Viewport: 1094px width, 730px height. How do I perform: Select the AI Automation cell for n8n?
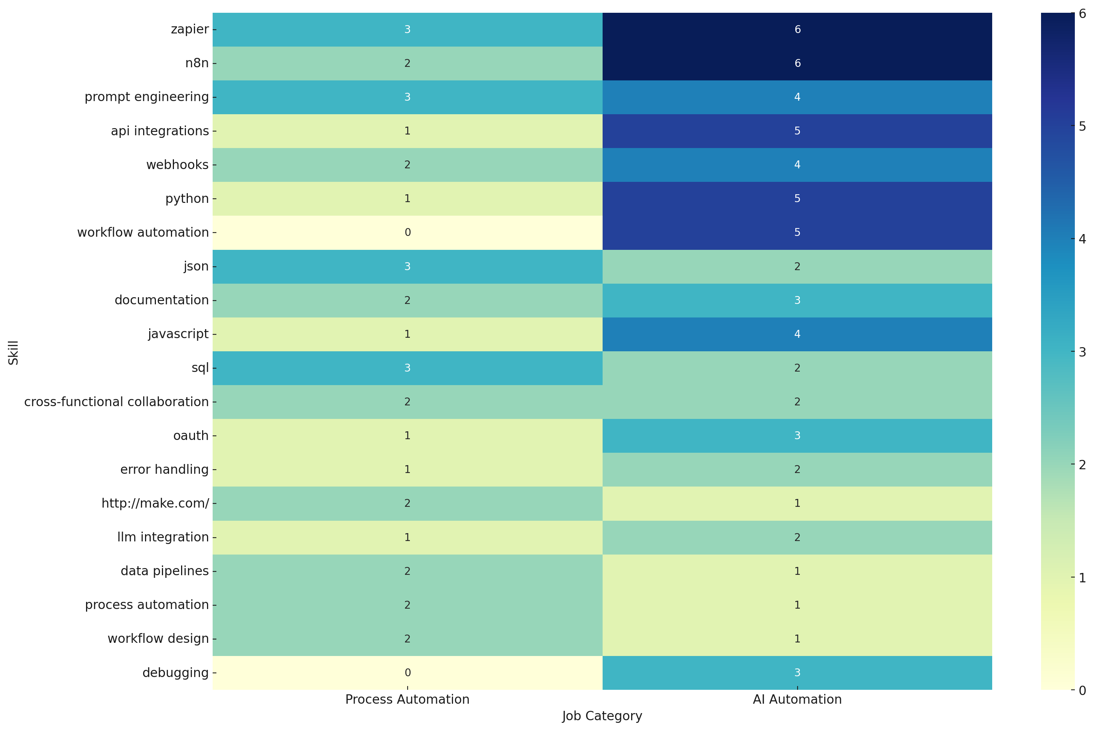click(796, 63)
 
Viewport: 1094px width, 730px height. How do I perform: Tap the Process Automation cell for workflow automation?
click(407, 232)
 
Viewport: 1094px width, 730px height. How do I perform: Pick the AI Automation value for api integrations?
click(796, 131)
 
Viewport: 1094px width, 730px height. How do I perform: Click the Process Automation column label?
click(407, 699)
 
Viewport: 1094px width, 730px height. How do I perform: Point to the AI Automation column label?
click(796, 699)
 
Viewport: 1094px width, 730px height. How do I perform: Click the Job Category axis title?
click(602, 716)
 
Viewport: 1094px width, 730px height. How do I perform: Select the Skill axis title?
click(13, 352)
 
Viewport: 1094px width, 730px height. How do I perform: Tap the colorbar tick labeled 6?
click(1082, 14)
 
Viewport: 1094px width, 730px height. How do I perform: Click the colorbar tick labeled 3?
click(1082, 352)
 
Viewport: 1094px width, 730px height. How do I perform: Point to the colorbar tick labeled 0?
click(1082, 690)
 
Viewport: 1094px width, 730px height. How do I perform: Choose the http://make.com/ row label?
click(155, 503)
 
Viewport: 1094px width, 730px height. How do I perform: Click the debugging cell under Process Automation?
click(407, 672)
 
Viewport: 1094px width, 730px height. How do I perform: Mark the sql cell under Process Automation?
click(407, 368)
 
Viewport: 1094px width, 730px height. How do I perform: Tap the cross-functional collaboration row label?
click(116, 402)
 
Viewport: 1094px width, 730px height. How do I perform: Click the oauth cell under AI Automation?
click(796, 436)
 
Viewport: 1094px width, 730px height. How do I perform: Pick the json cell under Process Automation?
click(407, 266)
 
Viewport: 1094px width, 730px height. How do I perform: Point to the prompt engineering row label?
click(146, 97)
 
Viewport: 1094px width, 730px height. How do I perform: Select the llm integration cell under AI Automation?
click(796, 537)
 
